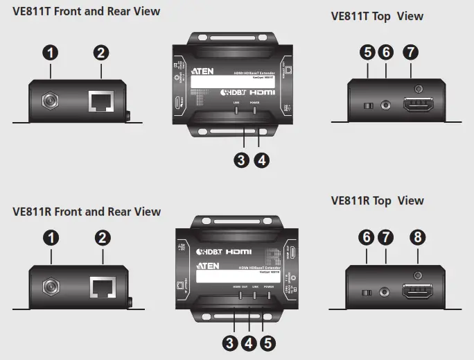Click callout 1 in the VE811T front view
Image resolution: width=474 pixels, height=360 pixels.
point(51,52)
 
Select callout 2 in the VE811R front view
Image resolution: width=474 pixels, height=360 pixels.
point(103,238)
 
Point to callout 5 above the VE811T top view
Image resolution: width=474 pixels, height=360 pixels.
point(369,52)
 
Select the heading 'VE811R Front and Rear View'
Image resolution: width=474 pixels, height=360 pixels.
point(87,212)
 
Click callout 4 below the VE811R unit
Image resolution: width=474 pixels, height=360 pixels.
point(249,343)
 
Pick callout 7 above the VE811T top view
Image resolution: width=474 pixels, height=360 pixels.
point(411,52)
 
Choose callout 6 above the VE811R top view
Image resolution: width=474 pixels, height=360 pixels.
point(367,238)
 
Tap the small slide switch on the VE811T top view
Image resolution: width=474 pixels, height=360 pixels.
point(369,105)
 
